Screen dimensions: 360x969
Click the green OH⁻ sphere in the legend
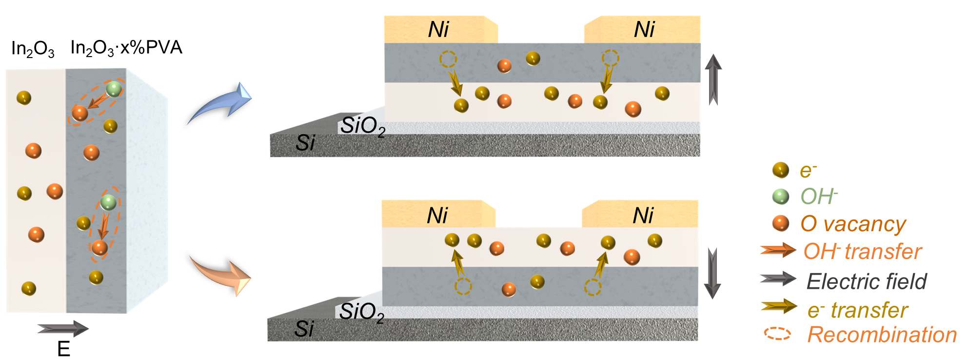coord(781,197)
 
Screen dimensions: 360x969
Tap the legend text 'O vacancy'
coord(853,224)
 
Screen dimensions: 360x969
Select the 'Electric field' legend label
coord(867,281)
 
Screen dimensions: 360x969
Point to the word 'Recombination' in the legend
coord(882,335)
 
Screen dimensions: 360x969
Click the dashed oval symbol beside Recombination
coord(777,334)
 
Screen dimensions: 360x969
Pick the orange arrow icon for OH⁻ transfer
coord(778,250)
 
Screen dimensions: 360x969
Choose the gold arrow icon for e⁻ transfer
coord(779,306)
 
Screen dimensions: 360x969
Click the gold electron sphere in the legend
coord(781,170)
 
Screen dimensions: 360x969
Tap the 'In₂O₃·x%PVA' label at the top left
coord(126,48)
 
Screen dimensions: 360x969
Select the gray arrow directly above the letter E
coord(63,329)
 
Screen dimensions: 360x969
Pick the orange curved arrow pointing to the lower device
coord(222,275)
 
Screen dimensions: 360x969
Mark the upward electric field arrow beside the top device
coord(713,80)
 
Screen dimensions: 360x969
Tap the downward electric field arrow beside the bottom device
coord(712,273)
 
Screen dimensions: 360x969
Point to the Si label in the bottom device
coord(304,329)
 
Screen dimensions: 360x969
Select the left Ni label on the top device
coord(438,30)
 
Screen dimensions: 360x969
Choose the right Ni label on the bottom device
coord(643,216)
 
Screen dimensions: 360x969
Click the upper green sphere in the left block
coord(114,89)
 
